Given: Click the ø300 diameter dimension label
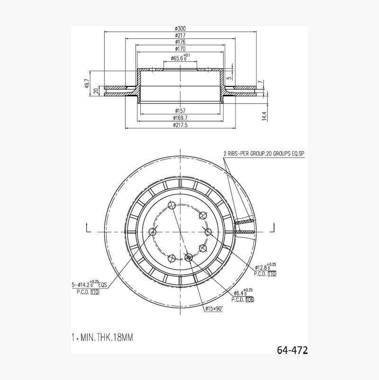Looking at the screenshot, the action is (180, 28).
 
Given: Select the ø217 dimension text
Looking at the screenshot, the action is (180, 36).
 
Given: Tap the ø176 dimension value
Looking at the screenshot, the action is (180, 42).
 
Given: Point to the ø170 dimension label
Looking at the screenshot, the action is (180, 49).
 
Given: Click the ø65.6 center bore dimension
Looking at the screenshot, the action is (180, 58).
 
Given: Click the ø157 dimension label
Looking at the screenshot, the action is (180, 111).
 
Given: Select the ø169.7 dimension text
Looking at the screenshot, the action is (180, 118).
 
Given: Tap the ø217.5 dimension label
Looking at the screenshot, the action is (180, 125).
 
